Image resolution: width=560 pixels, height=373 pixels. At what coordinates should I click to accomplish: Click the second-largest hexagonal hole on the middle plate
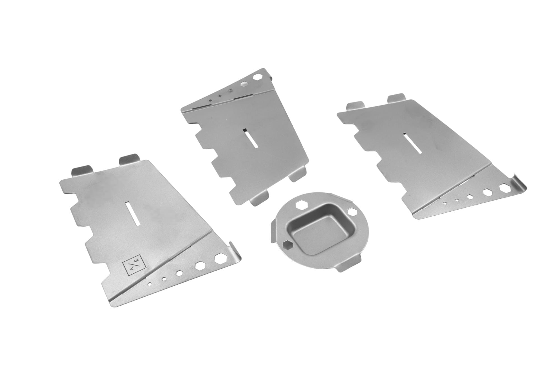(245, 83)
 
